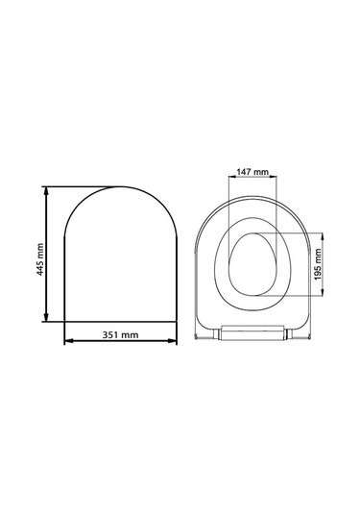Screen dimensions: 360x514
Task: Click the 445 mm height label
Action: tap(40, 259)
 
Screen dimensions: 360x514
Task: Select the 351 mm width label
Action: tap(120, 334)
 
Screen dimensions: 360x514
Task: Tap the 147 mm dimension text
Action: tap(252, 171)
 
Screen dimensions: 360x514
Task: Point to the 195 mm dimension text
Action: tap(318, 264)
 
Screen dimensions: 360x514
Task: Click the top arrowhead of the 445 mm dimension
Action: tap(46, 191)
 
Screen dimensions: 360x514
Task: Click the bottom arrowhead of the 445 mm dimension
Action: tap(46, 317)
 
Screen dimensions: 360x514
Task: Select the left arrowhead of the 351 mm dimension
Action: tap(69, 341)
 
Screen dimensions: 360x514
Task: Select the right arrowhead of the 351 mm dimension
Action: tap(172, 341)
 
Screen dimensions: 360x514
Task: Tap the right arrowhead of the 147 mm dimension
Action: tap(273, 177)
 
